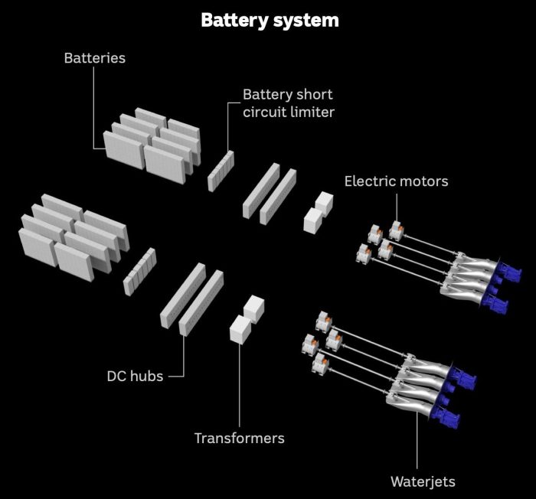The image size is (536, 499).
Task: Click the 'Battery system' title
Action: [270, 21]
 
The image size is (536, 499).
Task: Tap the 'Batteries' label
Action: [95, 58]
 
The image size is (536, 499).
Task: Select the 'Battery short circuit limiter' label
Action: [289, 103]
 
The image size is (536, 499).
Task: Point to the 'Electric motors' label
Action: [396, 181]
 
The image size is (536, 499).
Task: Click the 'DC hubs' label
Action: [135, 376]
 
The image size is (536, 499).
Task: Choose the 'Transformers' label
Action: [239, 439]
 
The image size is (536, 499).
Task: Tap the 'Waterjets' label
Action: [423, 481]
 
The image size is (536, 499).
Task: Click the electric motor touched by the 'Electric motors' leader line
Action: [397, 230]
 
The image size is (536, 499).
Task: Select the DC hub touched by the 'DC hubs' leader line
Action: [201, 302]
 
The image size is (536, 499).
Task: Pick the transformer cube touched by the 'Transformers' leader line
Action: [240, 329]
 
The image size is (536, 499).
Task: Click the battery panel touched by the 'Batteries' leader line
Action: [124, 150]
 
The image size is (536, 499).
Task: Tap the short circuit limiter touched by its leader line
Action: [221, 171]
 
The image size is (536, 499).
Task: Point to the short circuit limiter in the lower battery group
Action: [140, 272]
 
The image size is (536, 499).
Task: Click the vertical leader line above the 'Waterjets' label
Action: [417, 441]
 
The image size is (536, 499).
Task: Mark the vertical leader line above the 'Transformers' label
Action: [239, 385]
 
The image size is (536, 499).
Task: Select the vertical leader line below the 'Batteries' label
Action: [94, 108]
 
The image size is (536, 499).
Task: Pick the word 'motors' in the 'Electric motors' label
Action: [425, 181]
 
